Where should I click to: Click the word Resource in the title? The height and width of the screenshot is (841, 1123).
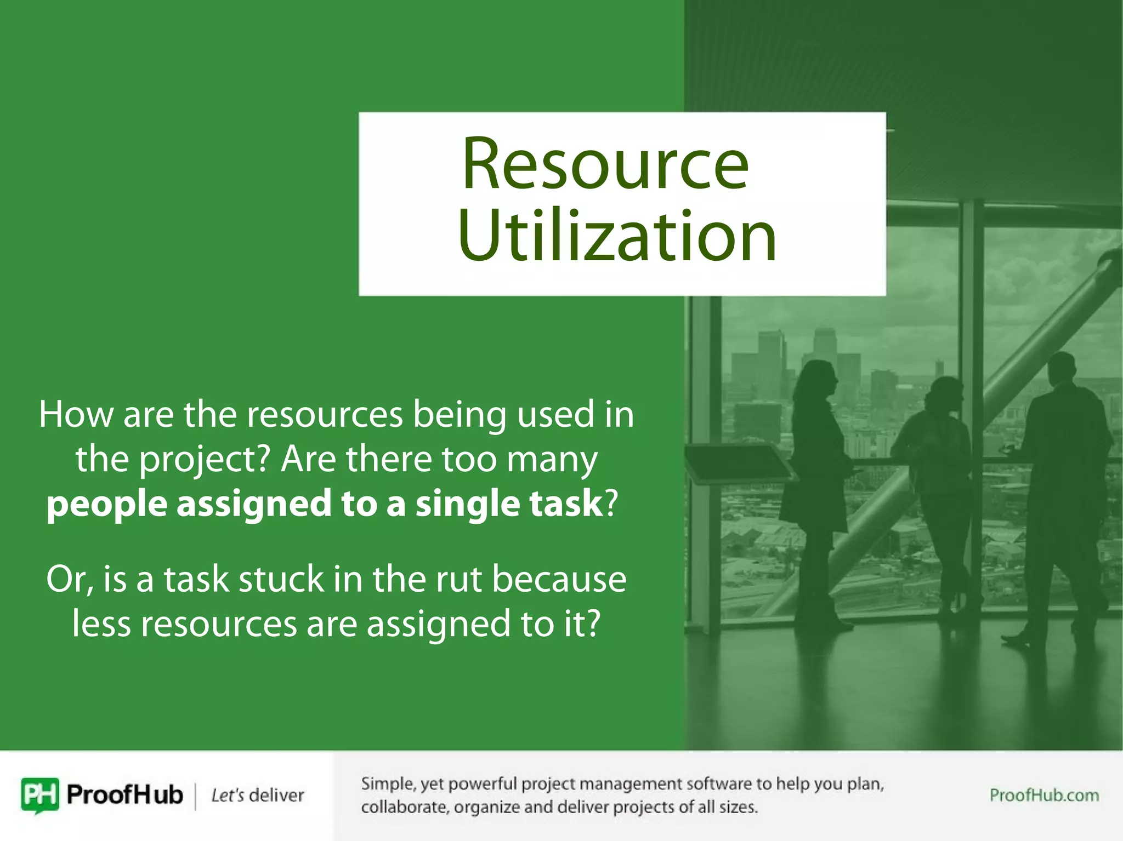[605, 164]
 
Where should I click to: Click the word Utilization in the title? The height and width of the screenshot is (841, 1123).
[617, 237]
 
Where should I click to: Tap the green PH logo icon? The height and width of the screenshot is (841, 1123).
[39, 795]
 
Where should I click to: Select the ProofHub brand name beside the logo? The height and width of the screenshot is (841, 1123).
[124, 795]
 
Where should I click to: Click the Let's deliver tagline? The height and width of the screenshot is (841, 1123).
[257, 796]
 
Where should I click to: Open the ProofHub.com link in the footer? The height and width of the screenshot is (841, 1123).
[1044, 795]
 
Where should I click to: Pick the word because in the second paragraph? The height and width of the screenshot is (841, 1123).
[559, 580]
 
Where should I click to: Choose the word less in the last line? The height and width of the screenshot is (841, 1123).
[101, 624]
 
